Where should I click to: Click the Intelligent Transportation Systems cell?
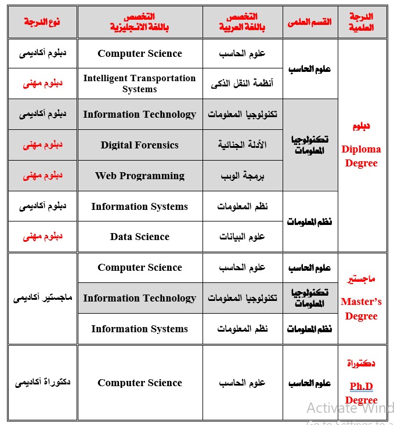(139, 83)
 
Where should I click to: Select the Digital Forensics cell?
(139, 145)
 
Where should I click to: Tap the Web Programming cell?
(139, 176)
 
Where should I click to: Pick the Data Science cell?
(139, 237)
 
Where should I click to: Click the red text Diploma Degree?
(361, 156)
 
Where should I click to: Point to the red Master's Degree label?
(361, 308)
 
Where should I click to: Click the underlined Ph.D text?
(361, 386)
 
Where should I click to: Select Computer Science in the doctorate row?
(139, 383)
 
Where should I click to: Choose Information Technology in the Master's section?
(139, 298)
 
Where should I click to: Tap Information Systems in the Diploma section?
(139, 206)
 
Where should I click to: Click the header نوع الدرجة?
(42, 21)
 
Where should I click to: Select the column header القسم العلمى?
(309, 22)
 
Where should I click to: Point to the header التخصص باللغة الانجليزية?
(139, 22)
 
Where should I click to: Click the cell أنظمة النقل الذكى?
(242, 83)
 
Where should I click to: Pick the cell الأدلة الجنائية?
(242, 145)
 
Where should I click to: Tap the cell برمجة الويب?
(242, 176)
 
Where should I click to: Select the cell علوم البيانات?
(242, 237)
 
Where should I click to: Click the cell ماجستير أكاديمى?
(42, 298)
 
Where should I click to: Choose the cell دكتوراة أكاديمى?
(42, 383)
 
